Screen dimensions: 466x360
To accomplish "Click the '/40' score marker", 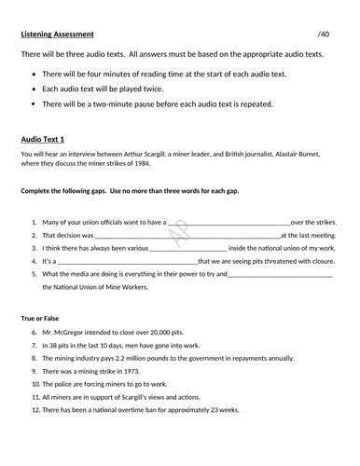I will [x=323, y=34].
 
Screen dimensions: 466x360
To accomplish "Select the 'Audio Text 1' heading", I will [x=46, y=139].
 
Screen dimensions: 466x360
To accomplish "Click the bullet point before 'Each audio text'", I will [x=36, y=89].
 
